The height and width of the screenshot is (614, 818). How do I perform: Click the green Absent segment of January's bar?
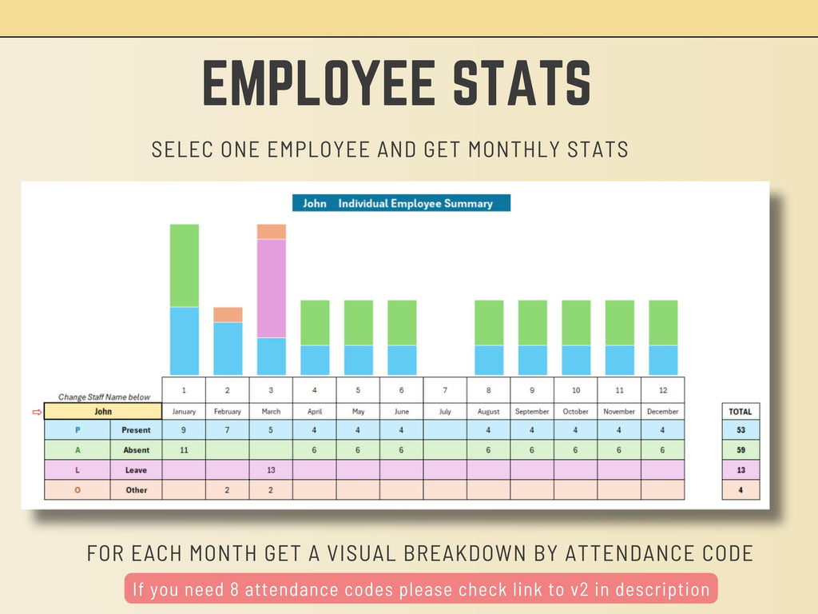[x=185, y=265]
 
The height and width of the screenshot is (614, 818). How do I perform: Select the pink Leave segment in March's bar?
[x=272, y=288]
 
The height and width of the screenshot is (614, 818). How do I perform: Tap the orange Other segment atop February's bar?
[x=228, y=314]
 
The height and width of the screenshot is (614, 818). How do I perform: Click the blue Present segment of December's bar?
[x=663, y=360]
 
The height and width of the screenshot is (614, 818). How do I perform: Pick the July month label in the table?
[x=445, y=411]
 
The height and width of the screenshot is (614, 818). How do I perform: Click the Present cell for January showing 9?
[x=184, y=430]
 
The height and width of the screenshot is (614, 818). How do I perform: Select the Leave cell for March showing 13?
[x=271, y=470]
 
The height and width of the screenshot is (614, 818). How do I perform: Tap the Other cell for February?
[x=228, y=490]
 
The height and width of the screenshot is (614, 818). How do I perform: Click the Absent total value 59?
[x=741, y=450]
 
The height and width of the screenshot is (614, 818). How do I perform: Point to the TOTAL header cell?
[x=741, y=411]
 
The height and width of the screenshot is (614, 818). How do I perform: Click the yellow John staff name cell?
[x=103, y=411]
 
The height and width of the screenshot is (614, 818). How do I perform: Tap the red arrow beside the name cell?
[x=35, y=412]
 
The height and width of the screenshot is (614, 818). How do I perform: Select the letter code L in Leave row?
[x=77, y=470]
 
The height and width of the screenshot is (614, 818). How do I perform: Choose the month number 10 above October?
[x=576, y=390]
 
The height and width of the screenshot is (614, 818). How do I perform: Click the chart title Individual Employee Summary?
[x=415, y=203]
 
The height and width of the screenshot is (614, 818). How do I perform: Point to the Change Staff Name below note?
[x=104, y=397]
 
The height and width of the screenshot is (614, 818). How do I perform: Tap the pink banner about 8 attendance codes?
[x=421, y=589]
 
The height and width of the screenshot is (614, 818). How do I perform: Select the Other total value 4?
[x=741, y=490]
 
